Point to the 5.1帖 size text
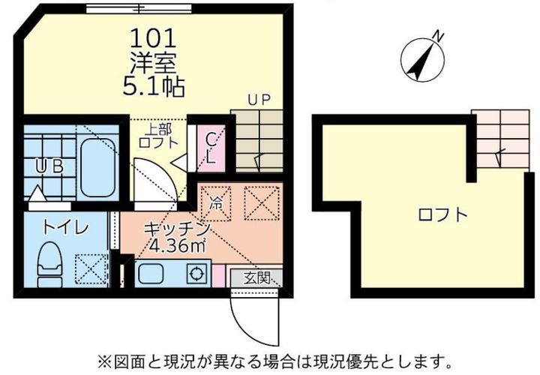coord(154,86)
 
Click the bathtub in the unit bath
coord(96,163)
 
